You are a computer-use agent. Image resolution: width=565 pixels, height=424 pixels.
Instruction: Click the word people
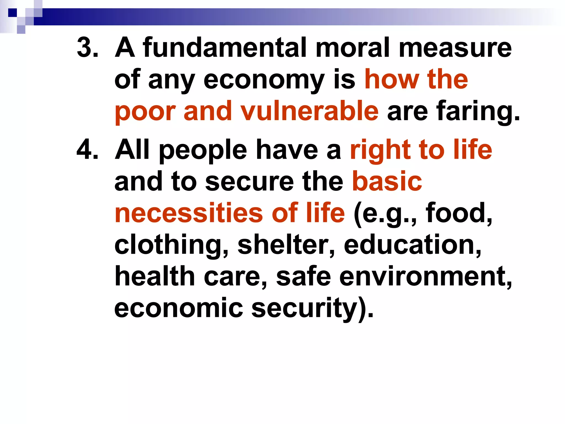coord(203,151)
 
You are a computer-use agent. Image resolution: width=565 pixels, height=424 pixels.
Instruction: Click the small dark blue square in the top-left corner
coord(12,13)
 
